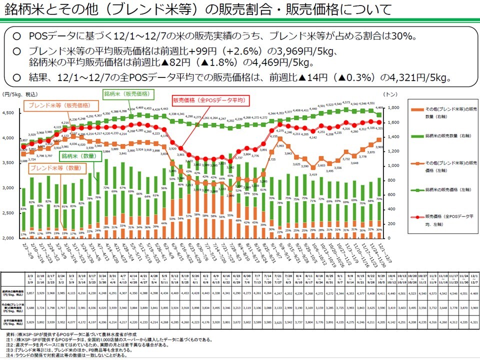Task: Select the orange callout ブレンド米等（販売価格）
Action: (x=58, y=105)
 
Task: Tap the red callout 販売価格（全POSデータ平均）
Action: (x=209, y=100)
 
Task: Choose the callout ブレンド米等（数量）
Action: (x=54, y=168)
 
